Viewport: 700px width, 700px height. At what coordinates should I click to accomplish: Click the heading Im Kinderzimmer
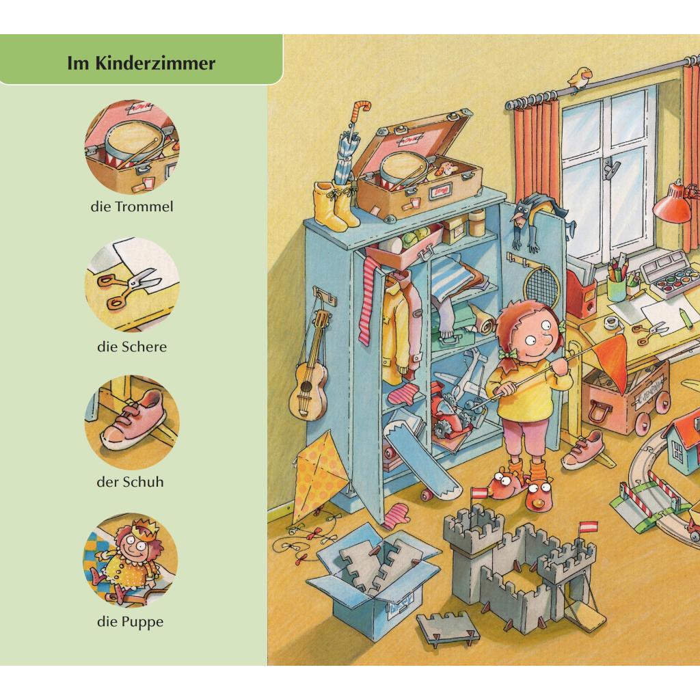pyautogui.click(x=141, y=63)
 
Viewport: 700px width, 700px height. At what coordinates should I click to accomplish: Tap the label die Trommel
pyautogui.click(x=132, y=206)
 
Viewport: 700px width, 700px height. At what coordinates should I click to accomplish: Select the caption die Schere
pyautogui.click(x=132, y=347)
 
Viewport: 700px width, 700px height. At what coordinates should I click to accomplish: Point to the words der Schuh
pyautogui.click(x=131, y=482)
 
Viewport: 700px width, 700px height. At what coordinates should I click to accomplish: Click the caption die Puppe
pyautogui.click(x=131, y=621)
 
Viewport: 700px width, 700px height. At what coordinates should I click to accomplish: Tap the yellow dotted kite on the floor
pyautogui.click(x=318, y=474)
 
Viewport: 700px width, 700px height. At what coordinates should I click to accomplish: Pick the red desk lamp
pyautogui.click(x=673, y=204)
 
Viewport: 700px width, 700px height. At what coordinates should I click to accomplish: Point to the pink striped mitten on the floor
pyautogui.click(x=396, y=515)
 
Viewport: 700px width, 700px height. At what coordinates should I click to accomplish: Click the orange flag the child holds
pyautogui.click(x=612, y=362)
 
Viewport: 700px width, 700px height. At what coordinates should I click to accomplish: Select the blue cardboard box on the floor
pyautogui.click(x=373, y=580)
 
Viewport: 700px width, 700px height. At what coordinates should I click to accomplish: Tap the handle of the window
pyautogui.click(x=610, y=168)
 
